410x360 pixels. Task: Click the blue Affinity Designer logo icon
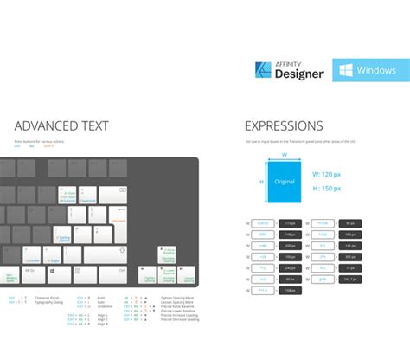tap(266, 71)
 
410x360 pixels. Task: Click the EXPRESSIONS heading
tap(284, 126)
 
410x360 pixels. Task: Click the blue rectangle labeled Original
tap(285, 183)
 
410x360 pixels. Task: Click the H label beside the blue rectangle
tap(260, 183)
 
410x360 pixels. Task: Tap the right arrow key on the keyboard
tap(187, 275)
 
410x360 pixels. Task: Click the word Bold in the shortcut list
tap(102, 297)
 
